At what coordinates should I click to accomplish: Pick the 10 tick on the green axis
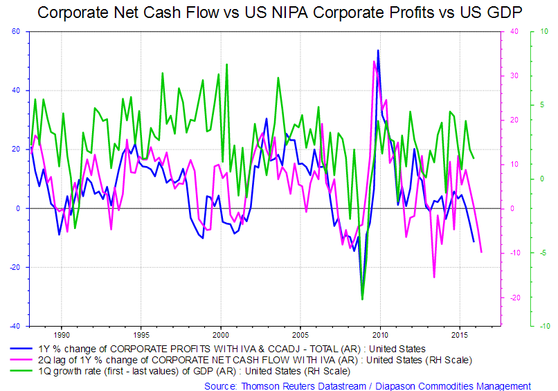(544, 32)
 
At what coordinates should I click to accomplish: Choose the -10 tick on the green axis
(543, 326)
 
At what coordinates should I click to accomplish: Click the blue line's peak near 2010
(378, 50)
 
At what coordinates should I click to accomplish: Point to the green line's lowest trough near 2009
(362, 300)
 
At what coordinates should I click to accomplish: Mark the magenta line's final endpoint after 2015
(481, 252)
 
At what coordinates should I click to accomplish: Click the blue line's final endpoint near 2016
(474, 242)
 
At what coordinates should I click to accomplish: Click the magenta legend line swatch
(25, 360)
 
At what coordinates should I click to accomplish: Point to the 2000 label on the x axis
(220, 334)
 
